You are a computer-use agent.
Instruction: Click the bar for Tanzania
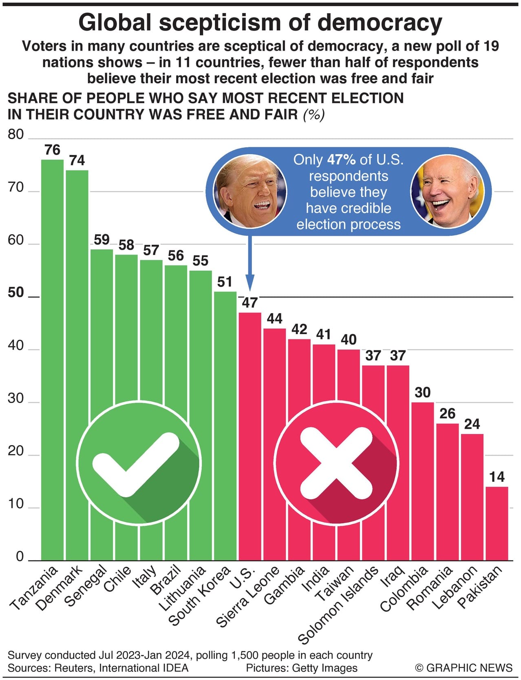(52, 359)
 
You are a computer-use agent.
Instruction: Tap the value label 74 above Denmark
(77, 160)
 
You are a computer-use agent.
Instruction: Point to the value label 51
(225, 282)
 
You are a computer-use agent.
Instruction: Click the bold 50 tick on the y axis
(16, 292)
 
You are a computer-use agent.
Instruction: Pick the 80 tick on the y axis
(16, 135)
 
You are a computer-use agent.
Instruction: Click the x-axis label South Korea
(200, 595)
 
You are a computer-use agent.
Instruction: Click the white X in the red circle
(336, 463)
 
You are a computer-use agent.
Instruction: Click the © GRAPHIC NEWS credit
(464, 668)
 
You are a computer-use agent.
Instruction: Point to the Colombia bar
(422, 481)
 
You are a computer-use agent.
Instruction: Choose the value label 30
(422, 392)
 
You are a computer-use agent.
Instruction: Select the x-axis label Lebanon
(455, 587)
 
